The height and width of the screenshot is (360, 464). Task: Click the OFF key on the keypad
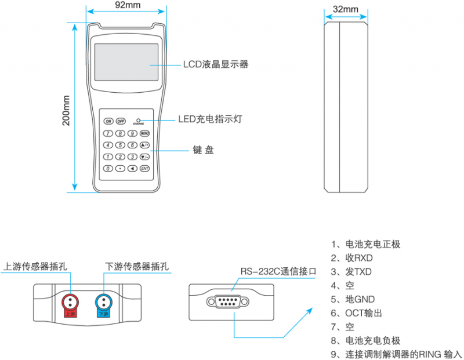click(x=121, y=121)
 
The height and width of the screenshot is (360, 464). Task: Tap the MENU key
click(x=144, y=133)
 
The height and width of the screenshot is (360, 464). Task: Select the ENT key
click(x=144, y=169)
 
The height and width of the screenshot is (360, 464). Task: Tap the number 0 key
click(x=108, y=169)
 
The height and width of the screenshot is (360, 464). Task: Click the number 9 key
click(x=132, y=133)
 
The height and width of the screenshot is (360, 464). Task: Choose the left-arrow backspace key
click(x=132, y=169)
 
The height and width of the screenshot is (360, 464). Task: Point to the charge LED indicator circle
click(x=138, y=119)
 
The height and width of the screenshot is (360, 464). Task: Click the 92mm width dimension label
click(x=126, y=5)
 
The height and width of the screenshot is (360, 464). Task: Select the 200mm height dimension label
click(x=66, y=110)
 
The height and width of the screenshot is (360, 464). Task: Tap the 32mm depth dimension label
click(x=346, y=10)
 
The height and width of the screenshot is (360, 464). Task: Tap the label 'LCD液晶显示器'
click(x=216, y=64)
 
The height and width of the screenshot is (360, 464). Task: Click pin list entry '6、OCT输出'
click(x=356, y=313)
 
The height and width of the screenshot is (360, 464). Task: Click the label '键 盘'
click(x=203, y=150)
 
